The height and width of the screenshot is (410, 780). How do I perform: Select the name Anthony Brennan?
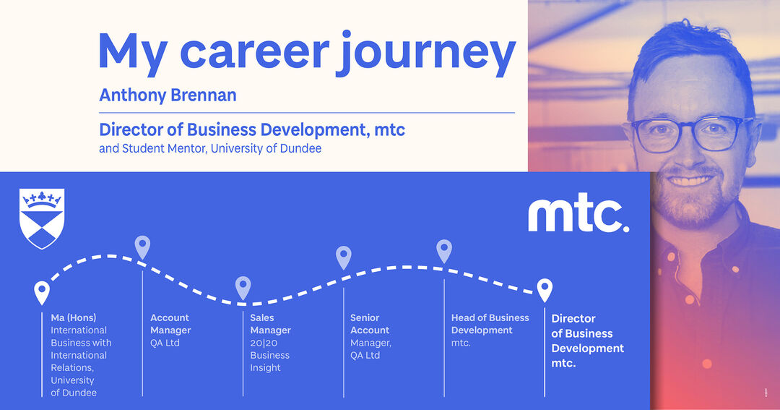click(168, 95)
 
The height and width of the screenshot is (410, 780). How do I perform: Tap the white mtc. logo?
click(578, 215)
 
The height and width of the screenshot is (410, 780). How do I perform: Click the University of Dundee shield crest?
click(43, 218)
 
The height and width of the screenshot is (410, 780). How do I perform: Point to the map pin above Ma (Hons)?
click(43, 292)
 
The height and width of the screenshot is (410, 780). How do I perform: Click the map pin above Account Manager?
click(143, 247)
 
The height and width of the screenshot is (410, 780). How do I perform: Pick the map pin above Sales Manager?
click(243, 288)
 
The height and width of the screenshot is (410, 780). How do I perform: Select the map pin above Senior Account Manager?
click(344, 257)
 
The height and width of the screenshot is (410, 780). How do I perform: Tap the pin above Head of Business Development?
click(444, 251)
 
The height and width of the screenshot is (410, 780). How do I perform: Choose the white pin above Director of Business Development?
click(545, 289)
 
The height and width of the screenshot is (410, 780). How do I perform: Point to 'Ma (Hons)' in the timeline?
click(73, 317)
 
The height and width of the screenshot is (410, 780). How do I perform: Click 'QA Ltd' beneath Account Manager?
click(165, 343)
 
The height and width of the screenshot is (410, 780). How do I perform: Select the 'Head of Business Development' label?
click(490, 324)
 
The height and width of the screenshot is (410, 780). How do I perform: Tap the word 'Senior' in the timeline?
click(365, 317)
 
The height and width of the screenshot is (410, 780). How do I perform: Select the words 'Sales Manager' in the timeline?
click(270, 324)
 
